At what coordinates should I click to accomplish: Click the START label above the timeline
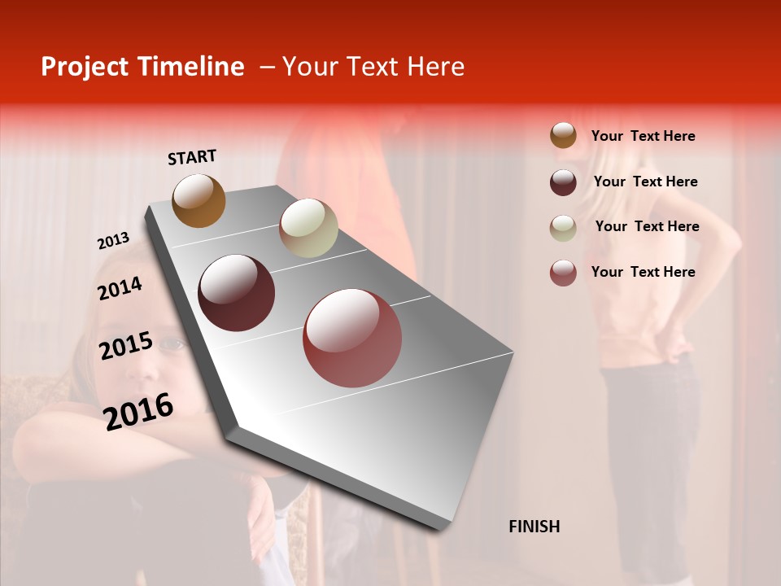192,157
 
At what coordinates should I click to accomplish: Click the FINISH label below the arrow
534,527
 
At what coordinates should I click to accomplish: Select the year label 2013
113,241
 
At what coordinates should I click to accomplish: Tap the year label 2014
120,288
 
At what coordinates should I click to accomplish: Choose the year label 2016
138,411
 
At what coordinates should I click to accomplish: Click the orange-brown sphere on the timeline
199,200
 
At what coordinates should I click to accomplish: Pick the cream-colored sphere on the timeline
308,228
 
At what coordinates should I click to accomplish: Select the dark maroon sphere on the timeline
237,293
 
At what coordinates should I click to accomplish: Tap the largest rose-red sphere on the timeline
352,338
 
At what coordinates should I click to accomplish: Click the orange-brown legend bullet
563,136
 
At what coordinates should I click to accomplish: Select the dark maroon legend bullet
563,182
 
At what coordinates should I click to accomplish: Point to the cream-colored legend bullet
563,228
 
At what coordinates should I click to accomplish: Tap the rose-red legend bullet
563,273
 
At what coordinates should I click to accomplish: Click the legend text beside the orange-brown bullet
644,136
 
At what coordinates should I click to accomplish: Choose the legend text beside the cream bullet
648,226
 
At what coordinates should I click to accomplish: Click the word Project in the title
85,67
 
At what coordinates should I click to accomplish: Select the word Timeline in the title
190,67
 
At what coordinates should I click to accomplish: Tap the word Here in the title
435,67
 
